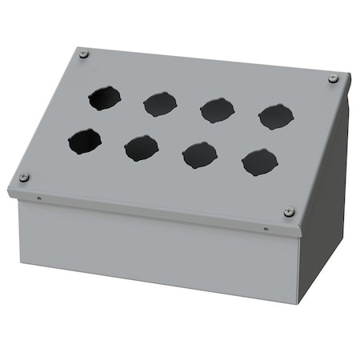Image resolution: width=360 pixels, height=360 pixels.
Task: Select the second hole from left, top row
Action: click(x=159, y=104)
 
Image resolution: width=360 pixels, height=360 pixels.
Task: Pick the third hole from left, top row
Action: click(x=216, y=110)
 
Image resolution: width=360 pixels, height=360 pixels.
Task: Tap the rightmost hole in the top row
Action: click(x=275, y=117)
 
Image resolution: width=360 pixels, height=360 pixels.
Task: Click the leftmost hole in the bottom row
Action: click(x=84, y=143)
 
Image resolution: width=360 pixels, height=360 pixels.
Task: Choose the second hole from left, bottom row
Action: click(x=141, y=149)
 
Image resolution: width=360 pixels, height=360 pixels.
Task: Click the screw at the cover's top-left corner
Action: click(x=85, y=54)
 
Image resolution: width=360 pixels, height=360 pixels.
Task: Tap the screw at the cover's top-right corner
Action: click(x=333, y=78)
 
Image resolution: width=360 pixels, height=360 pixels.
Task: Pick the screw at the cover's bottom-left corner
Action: click(x=24, y=177)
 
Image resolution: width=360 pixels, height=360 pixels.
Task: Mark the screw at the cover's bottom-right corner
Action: click(x=289, y=211)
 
